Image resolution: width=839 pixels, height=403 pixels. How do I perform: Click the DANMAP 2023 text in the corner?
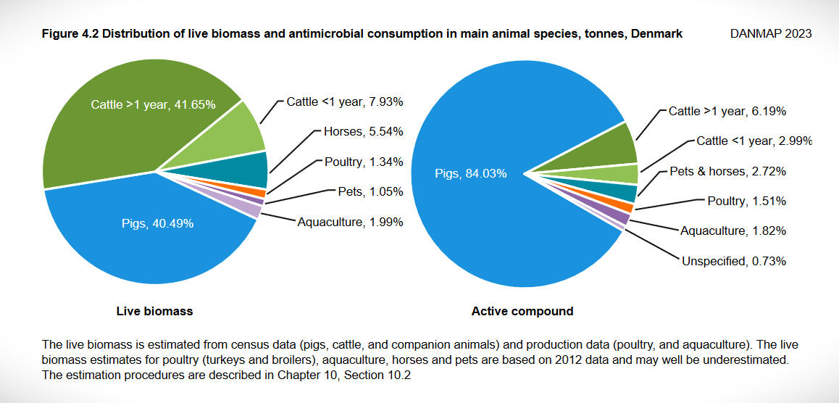(x=771, y=34)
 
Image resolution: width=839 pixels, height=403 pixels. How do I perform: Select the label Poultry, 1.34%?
(x=359, y=162)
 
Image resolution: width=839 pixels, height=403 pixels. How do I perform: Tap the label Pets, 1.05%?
(x=370, y=191)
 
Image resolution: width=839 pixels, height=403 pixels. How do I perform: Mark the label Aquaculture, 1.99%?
(x=350, y=221)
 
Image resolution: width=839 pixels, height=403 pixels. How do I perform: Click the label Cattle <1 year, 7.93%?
(x=345, y=101)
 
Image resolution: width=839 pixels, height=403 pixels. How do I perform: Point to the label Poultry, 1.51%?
(x=746, y=201)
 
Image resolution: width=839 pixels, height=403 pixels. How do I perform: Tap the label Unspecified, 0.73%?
(x=734, y=260)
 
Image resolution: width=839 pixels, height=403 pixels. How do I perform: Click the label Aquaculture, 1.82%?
(x=733, y=230)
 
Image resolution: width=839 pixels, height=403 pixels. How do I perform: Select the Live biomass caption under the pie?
(x=154, y=311)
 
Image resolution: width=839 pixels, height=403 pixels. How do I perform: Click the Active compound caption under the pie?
(x=522, y=311)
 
